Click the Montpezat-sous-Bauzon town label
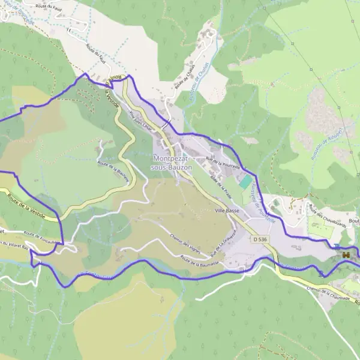[173, 163]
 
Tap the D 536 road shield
[260, 239]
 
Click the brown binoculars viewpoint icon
[346, 255]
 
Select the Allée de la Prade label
[221, 190]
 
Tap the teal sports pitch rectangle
[246, 181]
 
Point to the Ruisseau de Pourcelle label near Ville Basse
[261, 204]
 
